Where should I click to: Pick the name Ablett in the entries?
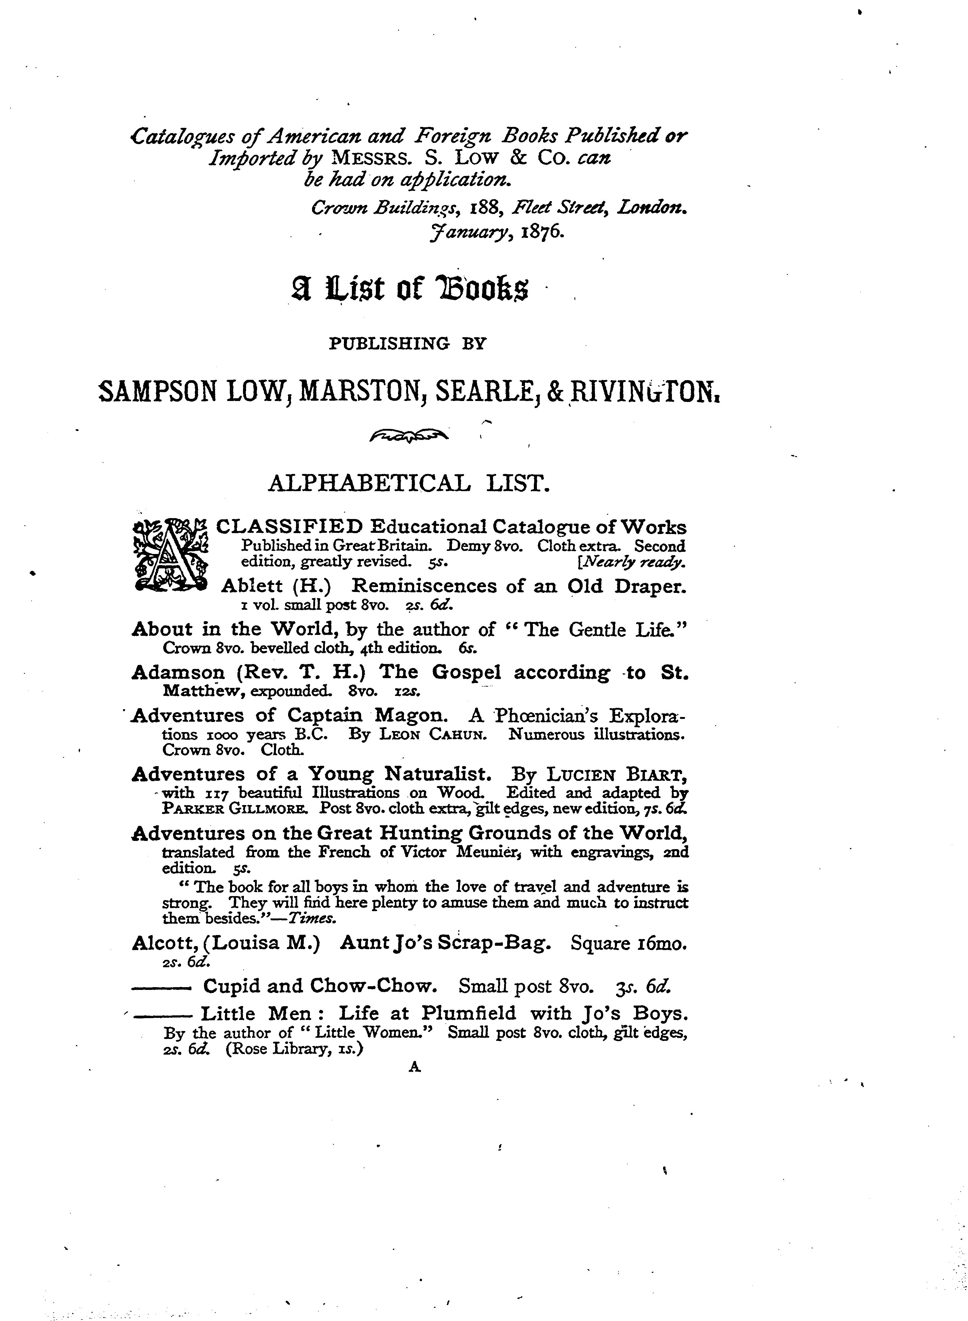click(252, 586)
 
